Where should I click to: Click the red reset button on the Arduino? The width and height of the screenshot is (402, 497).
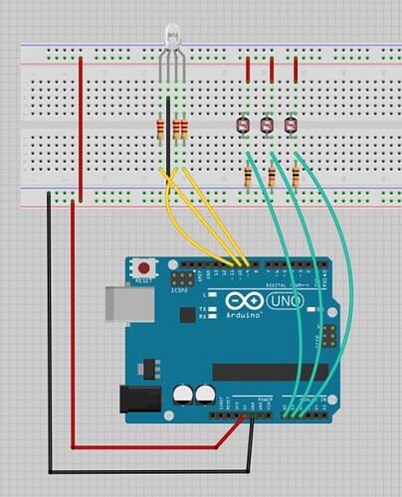[x=147, y=268]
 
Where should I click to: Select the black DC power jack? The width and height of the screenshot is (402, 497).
[x=137, y=400]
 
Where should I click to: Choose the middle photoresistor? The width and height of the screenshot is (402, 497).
[x=266, y=125]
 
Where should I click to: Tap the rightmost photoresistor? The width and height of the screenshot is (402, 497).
[x=291, y=125]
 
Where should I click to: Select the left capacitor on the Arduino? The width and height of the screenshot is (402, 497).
[x=184, y=395]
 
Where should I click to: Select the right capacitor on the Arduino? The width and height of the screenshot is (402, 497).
[x=206, y=395]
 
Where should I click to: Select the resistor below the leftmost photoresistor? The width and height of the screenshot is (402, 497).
[x=247, y=177]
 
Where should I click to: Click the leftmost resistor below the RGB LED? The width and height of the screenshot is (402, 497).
[x=160, y=129]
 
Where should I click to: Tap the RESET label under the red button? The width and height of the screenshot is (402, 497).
[x=147, y=282]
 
